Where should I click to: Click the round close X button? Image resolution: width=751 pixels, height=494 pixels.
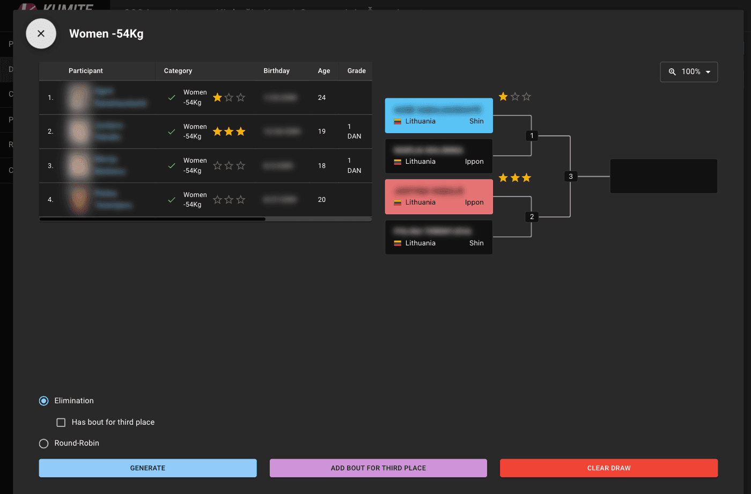41,33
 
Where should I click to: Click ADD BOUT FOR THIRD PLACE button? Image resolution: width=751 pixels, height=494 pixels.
378,468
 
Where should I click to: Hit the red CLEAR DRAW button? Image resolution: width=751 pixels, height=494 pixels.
608,468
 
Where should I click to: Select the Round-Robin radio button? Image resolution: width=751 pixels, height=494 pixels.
44,444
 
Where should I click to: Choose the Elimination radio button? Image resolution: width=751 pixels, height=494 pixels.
44,401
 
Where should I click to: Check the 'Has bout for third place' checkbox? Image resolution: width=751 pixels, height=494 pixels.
61,423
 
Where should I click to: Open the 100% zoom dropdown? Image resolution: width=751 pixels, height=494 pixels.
689,72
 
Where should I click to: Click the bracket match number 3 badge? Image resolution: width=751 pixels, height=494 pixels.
570,176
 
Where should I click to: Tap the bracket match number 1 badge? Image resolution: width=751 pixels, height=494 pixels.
532,136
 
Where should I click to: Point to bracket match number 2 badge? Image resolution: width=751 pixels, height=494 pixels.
532,217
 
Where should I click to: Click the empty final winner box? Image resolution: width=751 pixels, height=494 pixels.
664,176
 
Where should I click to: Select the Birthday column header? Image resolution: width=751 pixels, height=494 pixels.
276,71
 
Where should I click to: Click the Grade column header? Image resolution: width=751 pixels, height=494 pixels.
356,71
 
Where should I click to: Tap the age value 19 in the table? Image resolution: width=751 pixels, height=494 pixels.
322,132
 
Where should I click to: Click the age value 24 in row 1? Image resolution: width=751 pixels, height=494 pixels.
322,98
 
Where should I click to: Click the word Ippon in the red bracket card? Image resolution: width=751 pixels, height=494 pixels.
474,202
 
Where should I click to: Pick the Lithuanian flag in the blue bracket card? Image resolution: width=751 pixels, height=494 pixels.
397,121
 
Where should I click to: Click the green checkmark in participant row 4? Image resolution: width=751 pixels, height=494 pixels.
172,200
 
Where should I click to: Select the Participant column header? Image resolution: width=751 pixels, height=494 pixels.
86,71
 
